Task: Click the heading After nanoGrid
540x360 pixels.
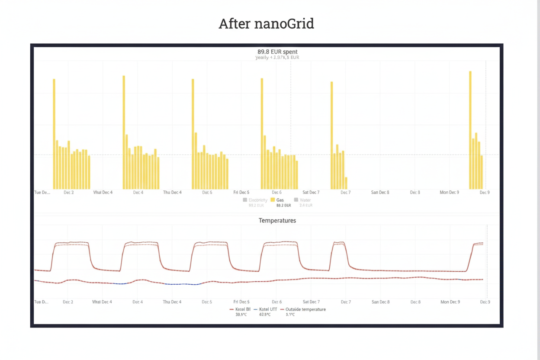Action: click(x=266, y=23)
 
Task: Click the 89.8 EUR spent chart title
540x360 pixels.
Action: click(x=277, y=51)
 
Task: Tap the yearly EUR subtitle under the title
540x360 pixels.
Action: click(x=277, y=57)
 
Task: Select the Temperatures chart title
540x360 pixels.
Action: click(x=277, y=220)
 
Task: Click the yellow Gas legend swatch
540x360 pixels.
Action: click(x=273, y=200)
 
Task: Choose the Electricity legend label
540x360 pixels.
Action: click(x=258, y=200)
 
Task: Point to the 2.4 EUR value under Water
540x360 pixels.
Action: click(x=305, y=205)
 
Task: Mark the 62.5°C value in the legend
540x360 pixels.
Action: click(x=265, y=315)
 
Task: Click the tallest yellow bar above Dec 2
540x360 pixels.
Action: click(x=54, y=134)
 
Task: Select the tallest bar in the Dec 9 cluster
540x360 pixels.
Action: click(x=470, y=130)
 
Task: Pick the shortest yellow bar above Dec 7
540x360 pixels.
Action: click(x=346, y=183)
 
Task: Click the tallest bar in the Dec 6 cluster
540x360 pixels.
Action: click(x=262, y=134)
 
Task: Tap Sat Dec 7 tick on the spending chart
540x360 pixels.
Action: click(x=311, y=192)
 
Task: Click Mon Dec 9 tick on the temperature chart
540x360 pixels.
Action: click(x=450, y=302)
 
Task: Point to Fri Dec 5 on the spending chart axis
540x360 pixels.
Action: click(x=241, y=192)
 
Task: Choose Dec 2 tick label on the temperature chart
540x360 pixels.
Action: click(x=68, y=302)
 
